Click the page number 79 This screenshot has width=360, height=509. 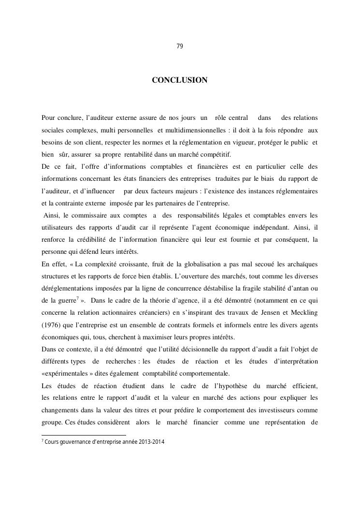point(180,46)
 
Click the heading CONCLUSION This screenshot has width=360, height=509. point(180,80)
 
